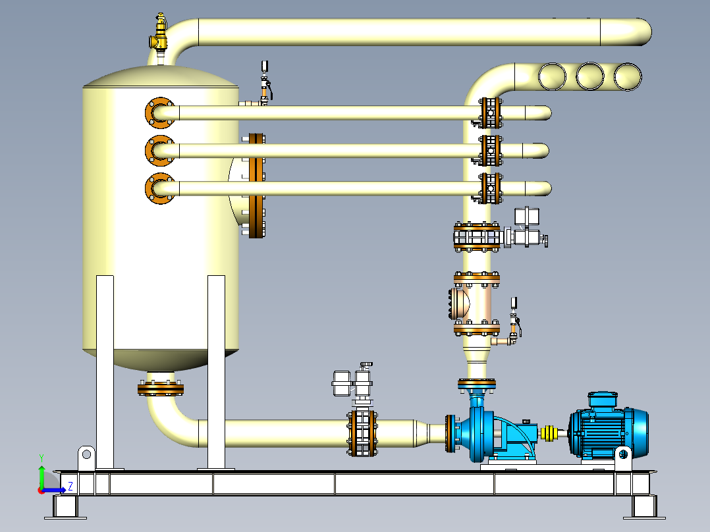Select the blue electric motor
click(x=609, y=431)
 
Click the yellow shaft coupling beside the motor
click(x=548, y=433)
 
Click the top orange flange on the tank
click(x=159, y=113)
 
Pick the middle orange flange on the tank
click(x=159, y=151)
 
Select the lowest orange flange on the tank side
click(x=159, y=188)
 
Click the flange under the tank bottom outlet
click(x=160, y=388)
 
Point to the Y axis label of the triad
click(x=41, y=457)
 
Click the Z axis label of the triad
click(x=70, y=487)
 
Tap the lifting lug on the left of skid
click(x=86, y=456)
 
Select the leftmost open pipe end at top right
click(x=552, y=76)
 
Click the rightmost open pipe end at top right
click(x=628, y=76)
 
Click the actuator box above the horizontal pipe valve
click(x=342, y=383)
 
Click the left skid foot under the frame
click(x=65, y=507)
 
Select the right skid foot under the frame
click(x=644, y=507)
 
